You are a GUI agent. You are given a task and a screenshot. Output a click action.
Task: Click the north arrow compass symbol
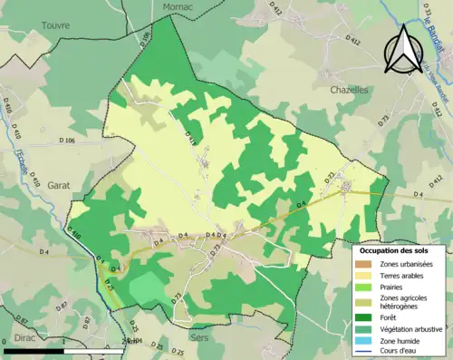point(402,49)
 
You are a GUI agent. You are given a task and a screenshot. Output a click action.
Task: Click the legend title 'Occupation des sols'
point(400,249)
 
